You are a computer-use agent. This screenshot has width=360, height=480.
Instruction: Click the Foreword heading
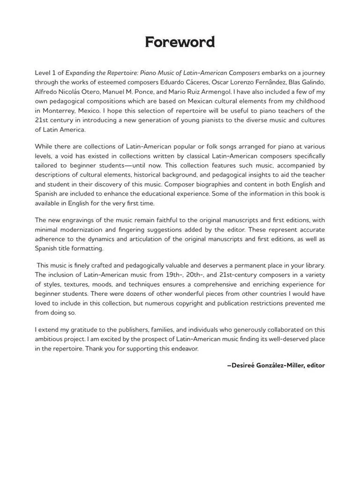coord(180,42)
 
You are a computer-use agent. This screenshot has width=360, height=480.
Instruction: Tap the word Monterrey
coord(57,111)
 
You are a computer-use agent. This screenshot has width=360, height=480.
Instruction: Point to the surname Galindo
coord(313,82)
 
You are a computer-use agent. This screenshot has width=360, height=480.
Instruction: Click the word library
coord(312,266)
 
